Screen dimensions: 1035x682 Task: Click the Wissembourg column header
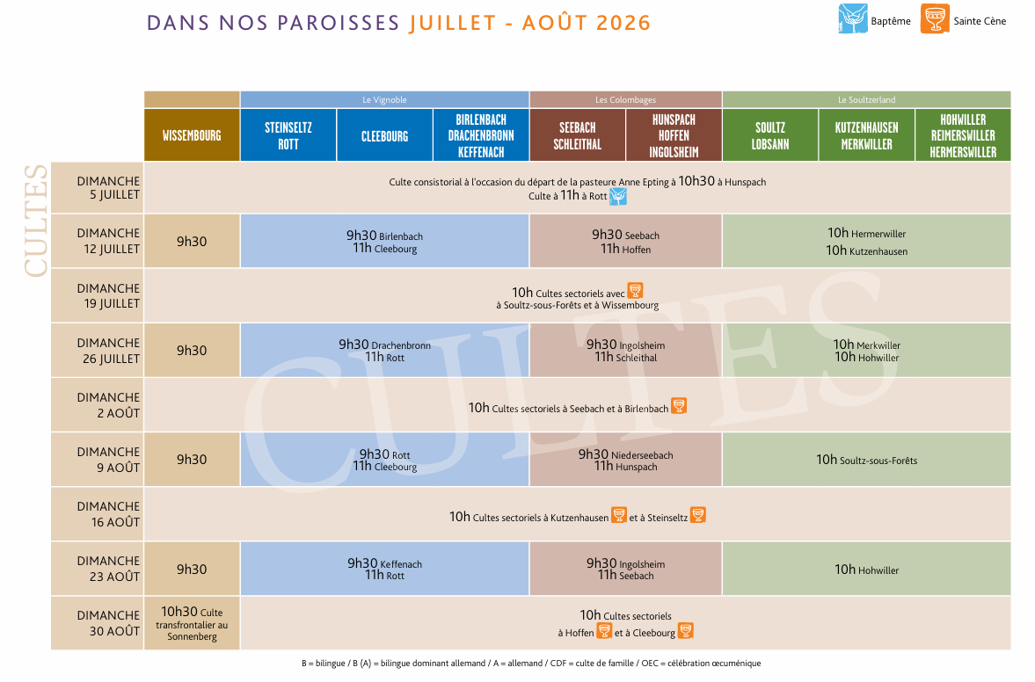pyautogui.click(x=192, y=135)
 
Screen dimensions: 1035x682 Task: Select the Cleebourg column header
pyautogui.click(x=385, y=135)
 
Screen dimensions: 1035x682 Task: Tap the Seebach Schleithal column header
pyautogui.click(x=578, y=135)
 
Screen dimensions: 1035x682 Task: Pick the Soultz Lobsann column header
pyautogui.click(x=770, y=135)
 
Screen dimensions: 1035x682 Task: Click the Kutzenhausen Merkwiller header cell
pyautogui.click(x=867, y=135)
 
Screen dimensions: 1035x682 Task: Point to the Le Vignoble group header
pyautogui.click(x=385, y=99)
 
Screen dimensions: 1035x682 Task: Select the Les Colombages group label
pyautogui.click(x=626, y=99)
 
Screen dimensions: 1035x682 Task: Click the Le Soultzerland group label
pyautogui.click(x=867, y=99)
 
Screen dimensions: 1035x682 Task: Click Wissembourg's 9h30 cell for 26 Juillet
pyautogui.click(x=192, y=351)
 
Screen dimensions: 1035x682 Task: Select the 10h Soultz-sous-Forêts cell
pyautogui.click(x=867, y=460)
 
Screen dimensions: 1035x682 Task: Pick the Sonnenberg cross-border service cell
pyautogui.click(x=192, y=623)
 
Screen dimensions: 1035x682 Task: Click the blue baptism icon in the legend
pyautogui.click(x=853, y=18)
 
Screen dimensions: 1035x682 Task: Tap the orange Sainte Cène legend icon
pyautogui.click(x=936, y=18)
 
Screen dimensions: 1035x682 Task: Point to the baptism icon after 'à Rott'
pyautogui.click(x=618, y=196)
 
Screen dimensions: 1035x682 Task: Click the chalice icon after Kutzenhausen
pyautogui.click(x=619, y=515)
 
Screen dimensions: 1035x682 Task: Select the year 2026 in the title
pyautogui.click(x=623, y=23)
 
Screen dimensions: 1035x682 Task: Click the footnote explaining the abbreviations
pyautogui.click(x=531, y=663)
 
